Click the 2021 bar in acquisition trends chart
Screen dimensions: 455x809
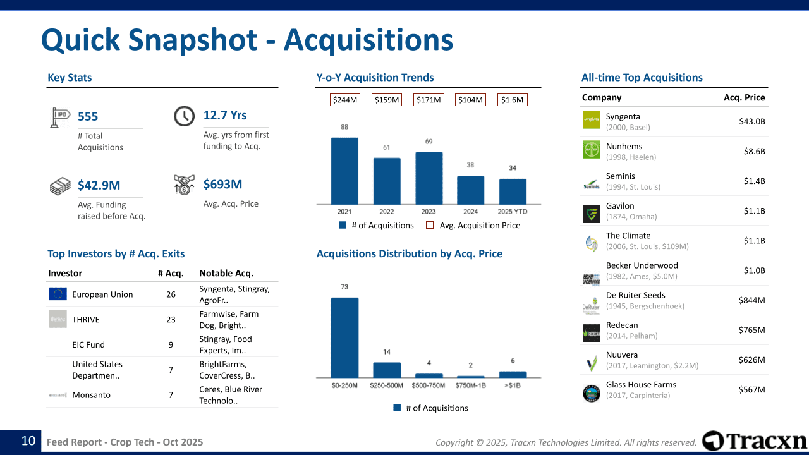pyautogui.click(x=344, y=171)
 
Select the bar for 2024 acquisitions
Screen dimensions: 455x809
pyautogui.click(x=470, y=190)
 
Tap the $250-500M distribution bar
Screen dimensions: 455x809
pyautogui.click(x=387, y=370)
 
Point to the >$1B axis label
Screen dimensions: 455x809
pyautogui.click(x=513, y=385)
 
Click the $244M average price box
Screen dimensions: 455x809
pyautogui.click(x=344, y=100)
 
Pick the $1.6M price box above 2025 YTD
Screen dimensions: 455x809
pyautogui.click(x=512, y=100)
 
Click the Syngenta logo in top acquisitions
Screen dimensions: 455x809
pyautogui.click(x=591, y=120)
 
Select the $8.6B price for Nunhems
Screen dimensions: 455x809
pyautogui.click(x=754, y=151)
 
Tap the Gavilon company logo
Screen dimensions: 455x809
pyautogui.click(x=591, y=214)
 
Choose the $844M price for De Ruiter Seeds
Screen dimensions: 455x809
pyautogui.click(x=751, y=300)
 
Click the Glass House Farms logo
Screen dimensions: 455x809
pyautogui.click(x=591, y=393)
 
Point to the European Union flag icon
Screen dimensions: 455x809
pyautogui.click(x=58, y=294)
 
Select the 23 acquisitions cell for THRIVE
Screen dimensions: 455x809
pyautogui.click(x=171, y=319)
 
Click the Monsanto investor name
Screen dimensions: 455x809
pyautogui.click(x=91, y=395)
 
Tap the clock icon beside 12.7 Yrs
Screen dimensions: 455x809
pyautogui.click(x=184, y=116)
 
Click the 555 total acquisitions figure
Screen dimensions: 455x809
pyautogui.click(x=88, y=117)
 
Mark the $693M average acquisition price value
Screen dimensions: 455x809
pyautogui.click(x=222, y=185)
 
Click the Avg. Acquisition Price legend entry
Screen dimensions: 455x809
pyautogui.click(x=473, y=225)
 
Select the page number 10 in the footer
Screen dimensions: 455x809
pyautogui.click(x=28, y=441)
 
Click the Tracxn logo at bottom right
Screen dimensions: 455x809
pyautogui.click(x=755, y=440)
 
